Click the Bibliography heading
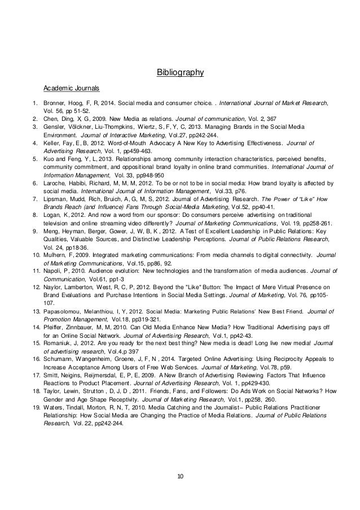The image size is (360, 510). point(179,72)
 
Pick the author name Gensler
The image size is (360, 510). point(56,128)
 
